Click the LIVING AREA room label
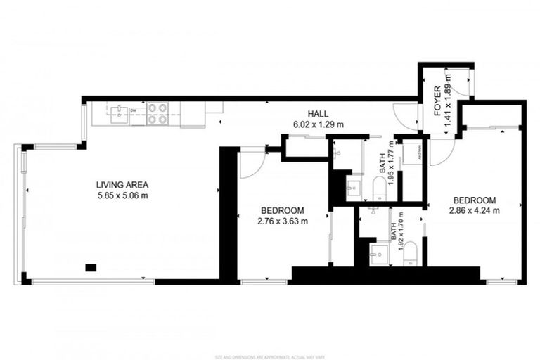pos(122,185)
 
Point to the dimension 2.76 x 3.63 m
pos(282,221)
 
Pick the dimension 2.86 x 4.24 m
pos(475,210)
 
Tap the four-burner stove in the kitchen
pos(157,113)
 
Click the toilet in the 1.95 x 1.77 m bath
pos(379,187)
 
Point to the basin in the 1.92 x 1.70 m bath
pos(380,254)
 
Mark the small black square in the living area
pos(90,266)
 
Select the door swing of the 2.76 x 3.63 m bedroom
pos(250,163)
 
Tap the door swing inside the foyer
pos(461,82)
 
